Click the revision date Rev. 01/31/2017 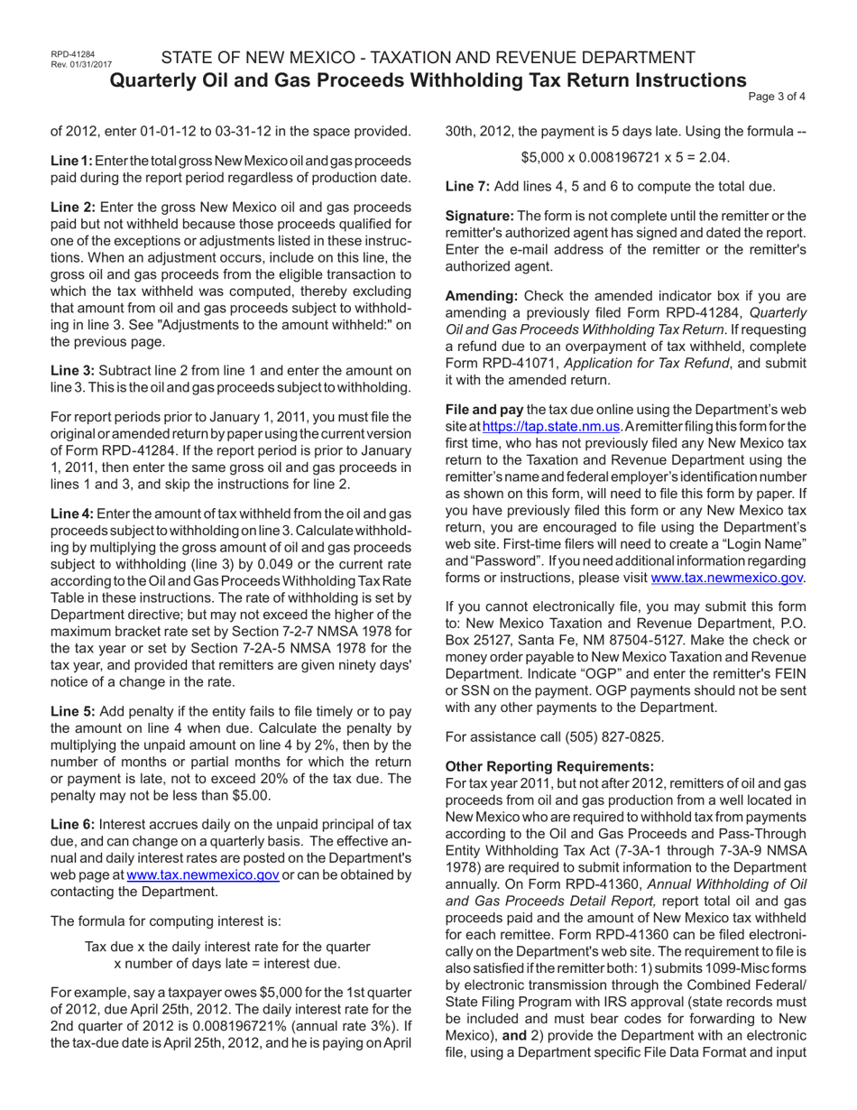pos(76,65)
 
